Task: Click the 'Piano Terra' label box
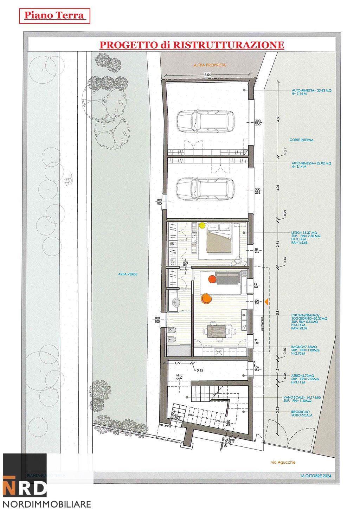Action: pyautogui.click(x=54, y=16)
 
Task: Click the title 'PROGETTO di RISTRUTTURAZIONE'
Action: pyautogui.click(x=192, y=45)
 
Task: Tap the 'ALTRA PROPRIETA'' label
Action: pyautogui.click(x=210, y=65)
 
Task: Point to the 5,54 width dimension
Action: pyautogui.click(x=208, y=75)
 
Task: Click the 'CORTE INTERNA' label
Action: pyautogui.click(x=301, y=140)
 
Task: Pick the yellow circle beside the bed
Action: pyautogui.click(x=202, y=225)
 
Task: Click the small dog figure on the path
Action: pyautogui.click(x=67, y=180)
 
